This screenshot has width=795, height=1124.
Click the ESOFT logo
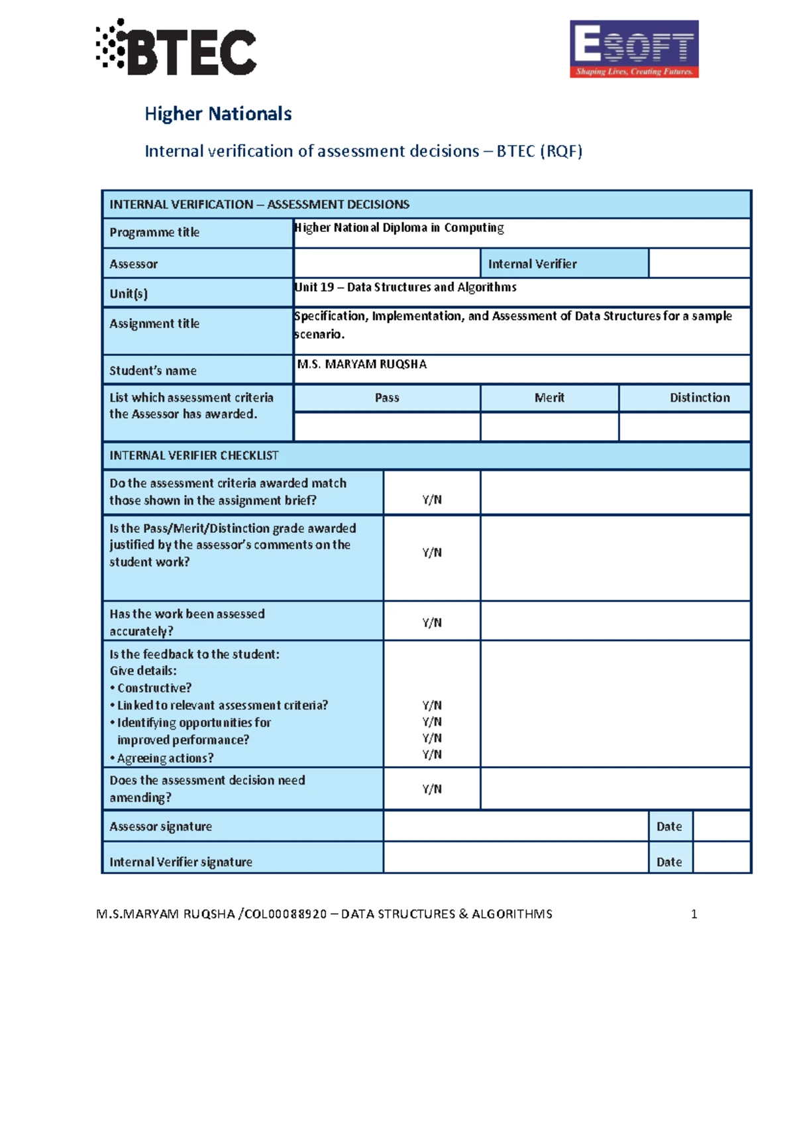click(634, 49)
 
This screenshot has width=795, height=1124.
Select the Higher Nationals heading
click(218, 114)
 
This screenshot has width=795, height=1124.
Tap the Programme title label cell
click(197, 233)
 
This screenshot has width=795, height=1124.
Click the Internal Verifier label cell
click(564, 264)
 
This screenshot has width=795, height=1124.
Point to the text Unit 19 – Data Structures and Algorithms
click(405, 287)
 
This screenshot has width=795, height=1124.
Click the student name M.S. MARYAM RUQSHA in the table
click(362, 365)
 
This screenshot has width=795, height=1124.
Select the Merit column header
click(549, 398)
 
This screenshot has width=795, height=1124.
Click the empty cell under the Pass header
click(387, 427)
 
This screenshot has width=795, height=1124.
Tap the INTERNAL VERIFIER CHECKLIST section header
click(194, 455)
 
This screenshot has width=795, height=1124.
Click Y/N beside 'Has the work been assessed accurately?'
click(432, 622)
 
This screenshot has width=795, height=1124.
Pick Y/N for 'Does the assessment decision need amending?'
click(432, 789)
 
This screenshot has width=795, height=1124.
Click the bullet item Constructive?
click(154, 688)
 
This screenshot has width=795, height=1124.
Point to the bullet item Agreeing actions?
click(165, 758)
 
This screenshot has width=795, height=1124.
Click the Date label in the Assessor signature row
click(669, 826)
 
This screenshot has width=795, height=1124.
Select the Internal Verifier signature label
click(181, 862)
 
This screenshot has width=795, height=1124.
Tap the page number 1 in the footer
click(694, 914)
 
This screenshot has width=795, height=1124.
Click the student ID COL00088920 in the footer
click(286, 914)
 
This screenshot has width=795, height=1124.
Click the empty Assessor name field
click(387, 264)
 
